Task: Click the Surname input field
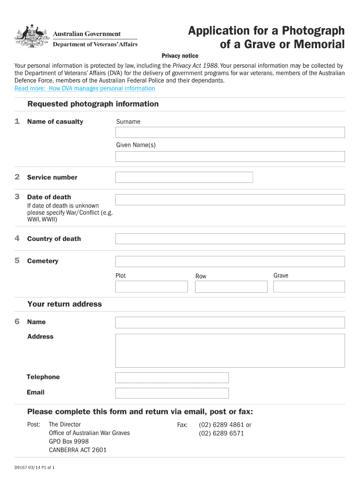pyautogui.click(x=230, y=132)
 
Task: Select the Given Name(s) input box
pyautogui.click(x=230, y=156)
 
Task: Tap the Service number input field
pyautogui.click(x=184, y=177)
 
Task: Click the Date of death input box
pyautogui.click(x=230, y=200)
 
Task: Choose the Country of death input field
pyautogui.click(x=230, y=239)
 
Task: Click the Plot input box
pyautogui.click(x=151, y=287)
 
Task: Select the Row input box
pyautogui.click(x=230, y=287)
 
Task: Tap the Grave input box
pyautogui.click(x=309, y=287)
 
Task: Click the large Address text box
pyautogui.click(x=230, y=351)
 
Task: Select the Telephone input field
pyautogui.click(x=172, y=377)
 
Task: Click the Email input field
pyautogui.click(x=172, y=393)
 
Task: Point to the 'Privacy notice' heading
pyautogui.click(x=180, y=56)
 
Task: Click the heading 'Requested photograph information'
pyautogui.click(x=93, y=104)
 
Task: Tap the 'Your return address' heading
pyautogui.click(x=65, y=304)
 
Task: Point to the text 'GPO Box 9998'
pyautogui.click(x=69, y=442)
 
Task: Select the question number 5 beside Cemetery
pyautogui.click(x=17, y=261)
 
